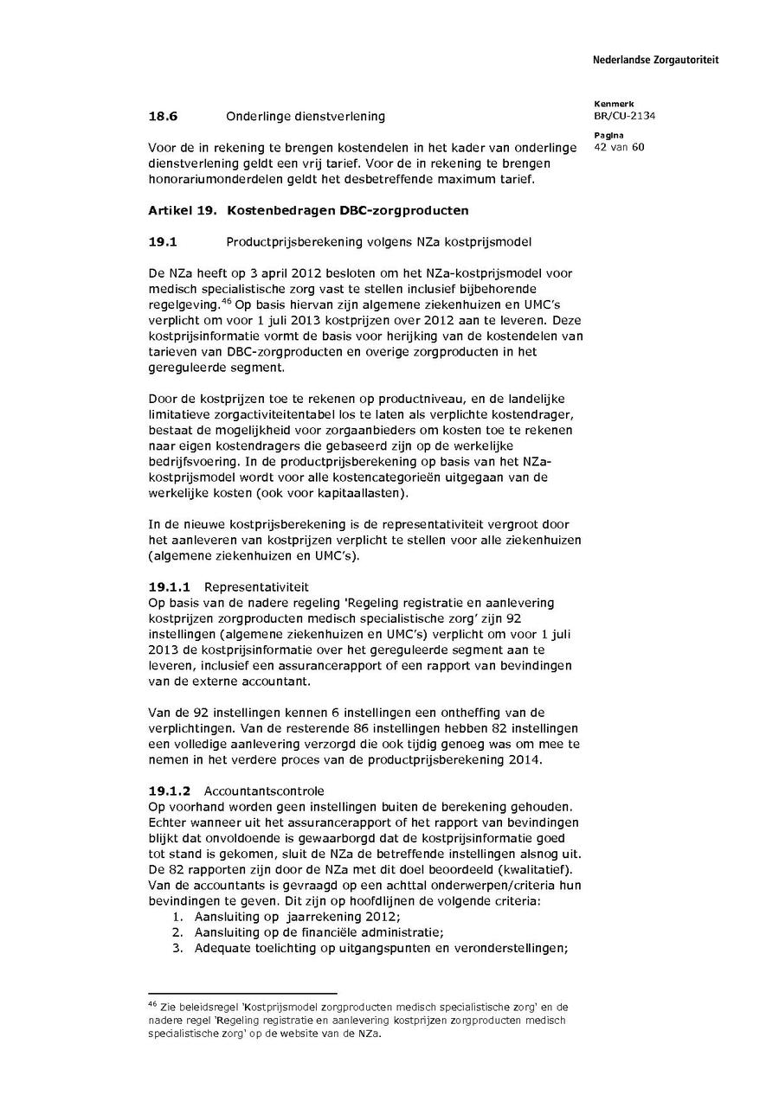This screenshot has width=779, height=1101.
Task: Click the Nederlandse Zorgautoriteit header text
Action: (x=655, y=61)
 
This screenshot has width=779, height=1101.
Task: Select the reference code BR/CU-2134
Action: (x=624, y=116)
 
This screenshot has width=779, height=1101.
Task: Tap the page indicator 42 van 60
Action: (x=619, y=146)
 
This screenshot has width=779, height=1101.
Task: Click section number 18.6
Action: (x=163, y=116)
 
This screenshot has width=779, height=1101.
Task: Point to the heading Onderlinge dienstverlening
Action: (x=306, y=116)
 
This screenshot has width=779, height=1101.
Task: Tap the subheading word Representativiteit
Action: (x=256, y=586)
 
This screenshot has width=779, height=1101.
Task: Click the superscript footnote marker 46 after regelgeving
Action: (x=225, y=300)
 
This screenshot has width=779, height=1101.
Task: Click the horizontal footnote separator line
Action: (x=242, y=994)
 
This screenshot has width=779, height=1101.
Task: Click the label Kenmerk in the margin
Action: (x=614, y=104)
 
